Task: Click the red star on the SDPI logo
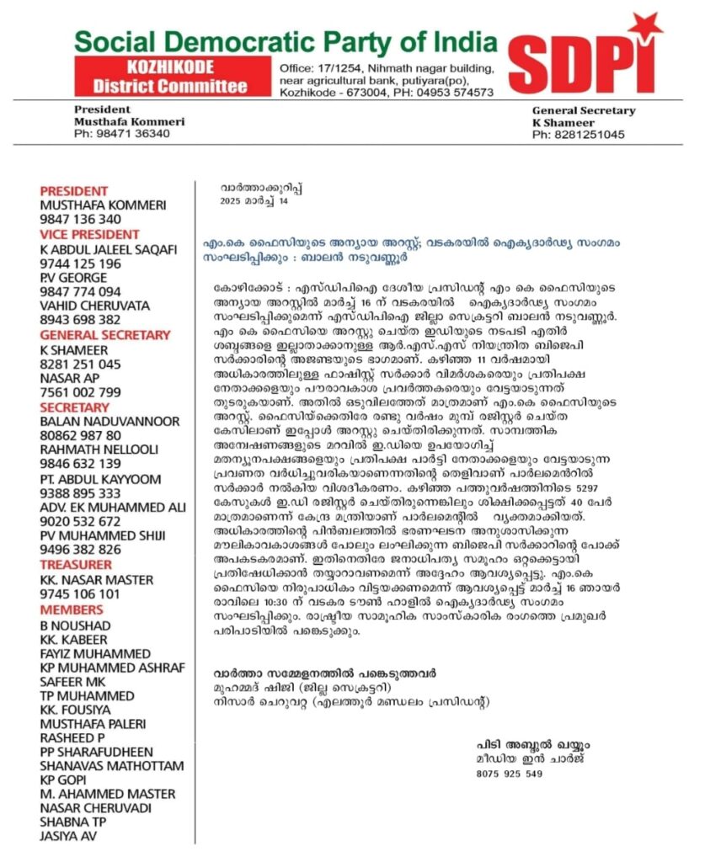pyautogui.click(x=650, y=28)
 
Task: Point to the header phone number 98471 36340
pyautogui.click(x=122, y=133)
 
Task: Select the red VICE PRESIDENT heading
pyautogui.click(x=90, y=234)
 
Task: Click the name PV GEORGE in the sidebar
pyautogui.click(x=74, y=277)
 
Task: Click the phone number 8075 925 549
pyautogui.click(x=510, y=773)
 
